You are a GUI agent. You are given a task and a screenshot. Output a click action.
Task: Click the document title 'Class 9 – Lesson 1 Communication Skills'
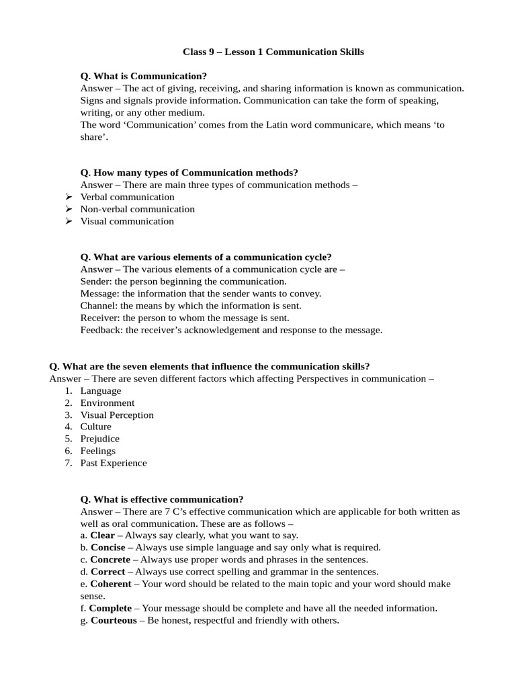[273, 52]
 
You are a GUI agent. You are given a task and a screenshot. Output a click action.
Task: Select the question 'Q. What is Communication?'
[144, 76]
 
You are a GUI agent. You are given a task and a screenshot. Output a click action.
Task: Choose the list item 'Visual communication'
[127, 221]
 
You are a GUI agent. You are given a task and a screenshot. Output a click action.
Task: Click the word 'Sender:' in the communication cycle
[96, 282]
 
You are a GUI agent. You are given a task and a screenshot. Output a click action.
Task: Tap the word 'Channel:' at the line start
[99, 306]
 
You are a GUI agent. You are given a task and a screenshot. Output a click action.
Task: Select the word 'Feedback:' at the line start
[101, 330]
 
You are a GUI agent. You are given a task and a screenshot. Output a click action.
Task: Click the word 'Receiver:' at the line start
[100, 318]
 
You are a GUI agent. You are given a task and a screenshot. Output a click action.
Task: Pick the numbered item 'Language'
[101, 390]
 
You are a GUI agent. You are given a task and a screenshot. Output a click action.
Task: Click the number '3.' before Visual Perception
[69, 415]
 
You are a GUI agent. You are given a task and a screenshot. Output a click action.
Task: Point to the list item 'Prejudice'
[99, 439]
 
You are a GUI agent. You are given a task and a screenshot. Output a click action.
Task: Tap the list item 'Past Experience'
[113, 463]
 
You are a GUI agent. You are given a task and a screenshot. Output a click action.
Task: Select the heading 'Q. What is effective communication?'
[162, 499]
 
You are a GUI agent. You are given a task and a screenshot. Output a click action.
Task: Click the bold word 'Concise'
[107, 548]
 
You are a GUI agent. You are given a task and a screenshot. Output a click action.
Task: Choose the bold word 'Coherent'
[111, 584]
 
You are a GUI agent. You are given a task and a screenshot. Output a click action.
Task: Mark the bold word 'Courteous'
[114, 620]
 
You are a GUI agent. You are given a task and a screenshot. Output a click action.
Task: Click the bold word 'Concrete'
[111, 560]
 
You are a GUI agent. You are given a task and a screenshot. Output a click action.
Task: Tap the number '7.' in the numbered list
[69, 463]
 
